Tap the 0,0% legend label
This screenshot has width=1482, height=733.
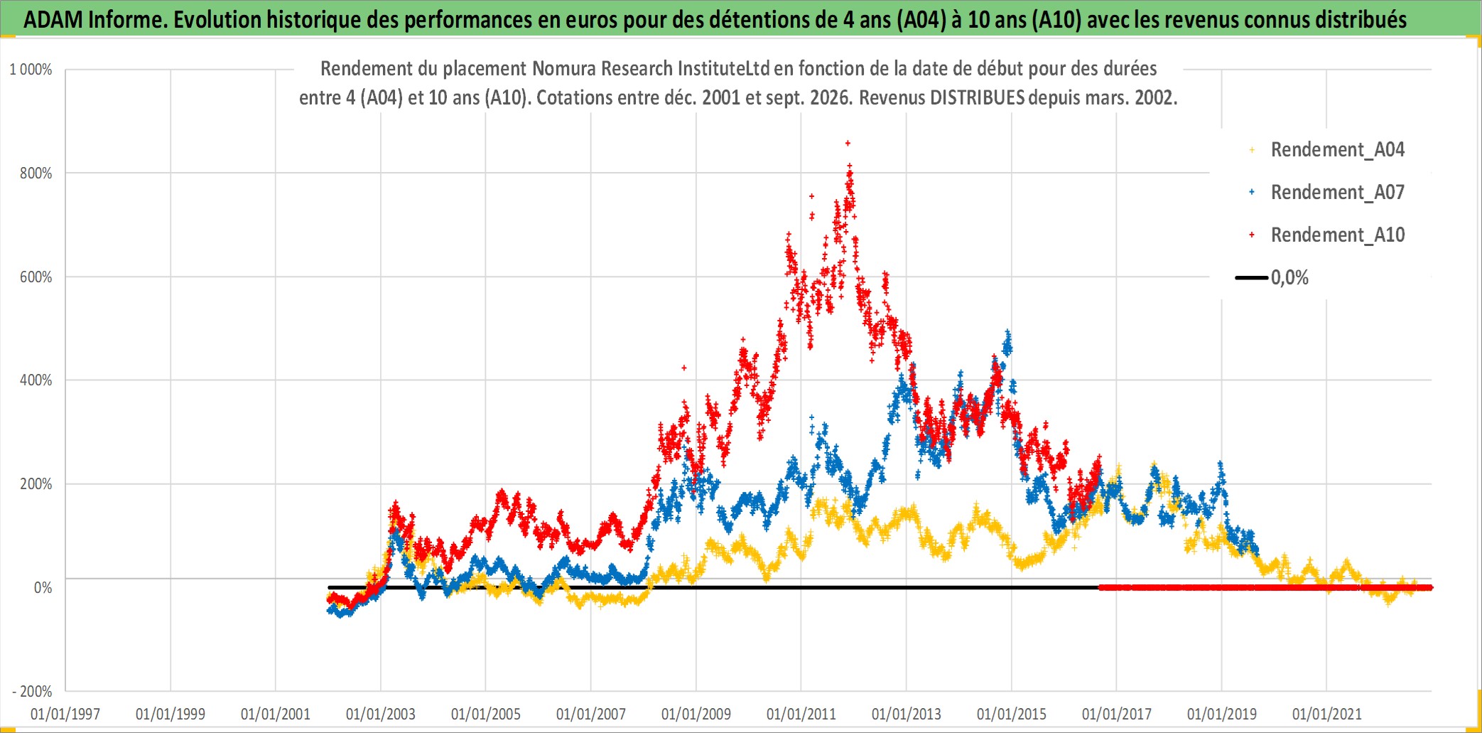click(x=1289, y=278)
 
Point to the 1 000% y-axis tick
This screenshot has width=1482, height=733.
click(x=31, y=70)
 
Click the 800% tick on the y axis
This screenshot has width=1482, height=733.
click(x=36, y=173)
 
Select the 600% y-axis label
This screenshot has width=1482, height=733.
click(x=36, y=277)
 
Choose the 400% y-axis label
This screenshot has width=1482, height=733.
click(x=36, y=380)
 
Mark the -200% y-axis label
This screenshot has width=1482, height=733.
click(x=33, y=691)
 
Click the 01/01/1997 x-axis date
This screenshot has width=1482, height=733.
click(x=65, y=714)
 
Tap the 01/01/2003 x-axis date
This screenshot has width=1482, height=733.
click(x=381, y=714)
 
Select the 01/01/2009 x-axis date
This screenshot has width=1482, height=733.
click(x=696, y=714)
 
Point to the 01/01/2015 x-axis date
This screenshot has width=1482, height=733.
click(x=1012, y=714)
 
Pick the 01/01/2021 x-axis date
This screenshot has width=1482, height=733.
click(x=1327, y=714)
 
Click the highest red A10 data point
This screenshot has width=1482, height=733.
click(x=848, y=143)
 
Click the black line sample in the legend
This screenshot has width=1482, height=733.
click(x=1251, y=278)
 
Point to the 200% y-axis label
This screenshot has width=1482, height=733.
click(x=36, y=484)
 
